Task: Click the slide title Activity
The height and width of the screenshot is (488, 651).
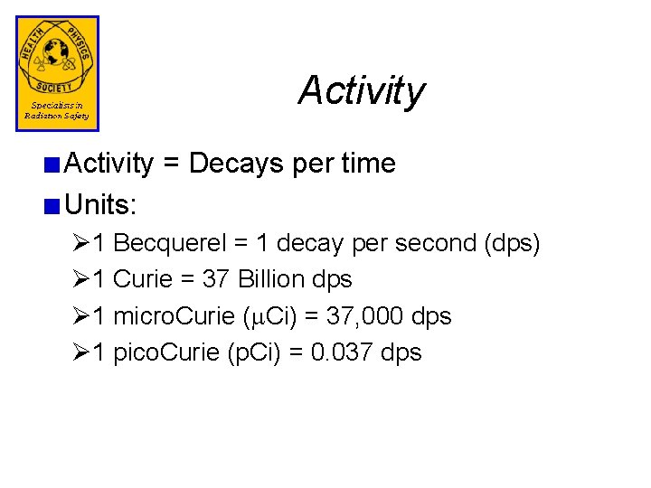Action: click(361, 90)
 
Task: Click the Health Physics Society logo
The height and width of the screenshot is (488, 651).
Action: click(57, 58)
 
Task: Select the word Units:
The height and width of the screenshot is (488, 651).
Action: click(101, 205)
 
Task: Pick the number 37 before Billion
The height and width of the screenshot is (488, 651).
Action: click(215, 279)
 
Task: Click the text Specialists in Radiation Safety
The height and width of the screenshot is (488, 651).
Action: click(56, 110)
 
